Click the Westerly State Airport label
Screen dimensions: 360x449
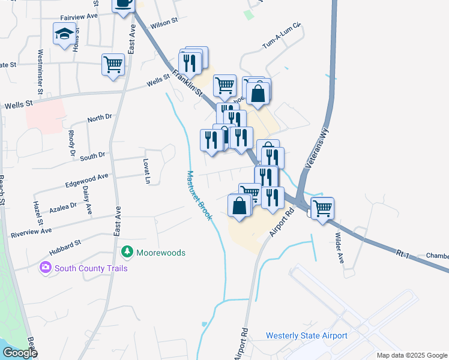tap(306, 335)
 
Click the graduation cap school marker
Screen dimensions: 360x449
tap(64, 34)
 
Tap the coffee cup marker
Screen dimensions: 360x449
tap(124, 4)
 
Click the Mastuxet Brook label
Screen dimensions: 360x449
tap(199, 196)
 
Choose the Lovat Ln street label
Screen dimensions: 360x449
tap(146, 170)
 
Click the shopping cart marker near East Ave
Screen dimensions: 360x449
tap(113, 64)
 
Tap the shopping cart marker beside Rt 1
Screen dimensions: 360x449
tap(322, 208)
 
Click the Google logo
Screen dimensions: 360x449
tap(20, 353)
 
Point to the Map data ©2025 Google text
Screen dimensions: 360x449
tap(412, 355)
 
